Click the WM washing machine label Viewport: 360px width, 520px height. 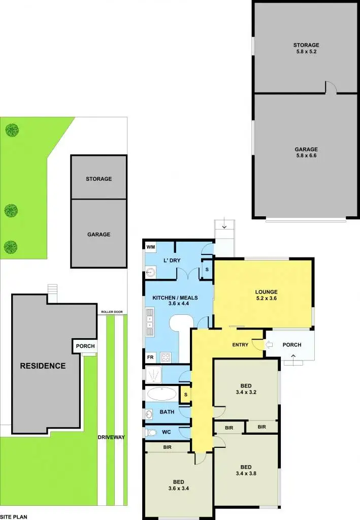[150, 247]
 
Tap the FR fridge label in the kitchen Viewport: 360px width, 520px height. [150, 357]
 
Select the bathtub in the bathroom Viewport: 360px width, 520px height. [162, 394]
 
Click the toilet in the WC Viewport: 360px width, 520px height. [151, 433]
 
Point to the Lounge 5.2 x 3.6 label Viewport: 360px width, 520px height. [266, 295]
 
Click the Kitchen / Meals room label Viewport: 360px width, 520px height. [171, 301]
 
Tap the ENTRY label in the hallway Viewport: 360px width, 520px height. [240, 345]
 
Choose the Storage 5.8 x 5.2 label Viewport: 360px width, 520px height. [306, 48]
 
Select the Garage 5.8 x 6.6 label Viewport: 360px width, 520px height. [306, 153]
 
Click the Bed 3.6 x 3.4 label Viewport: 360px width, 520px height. [178, 485]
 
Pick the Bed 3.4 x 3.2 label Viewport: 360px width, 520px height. [246, 388]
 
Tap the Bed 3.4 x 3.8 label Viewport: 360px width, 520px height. [246, 470]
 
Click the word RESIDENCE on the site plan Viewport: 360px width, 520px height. [43, 366]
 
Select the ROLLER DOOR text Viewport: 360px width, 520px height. [112, 312]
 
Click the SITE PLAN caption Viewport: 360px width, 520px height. [14, 516]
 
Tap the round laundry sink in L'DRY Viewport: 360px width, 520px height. [150, 273]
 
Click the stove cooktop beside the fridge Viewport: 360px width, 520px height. [166, 357]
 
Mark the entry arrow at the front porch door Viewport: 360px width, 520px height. [270, 345]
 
